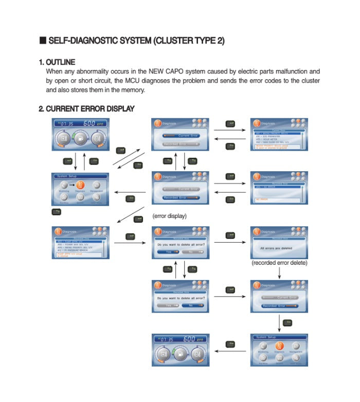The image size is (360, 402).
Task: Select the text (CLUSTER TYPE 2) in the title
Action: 189,41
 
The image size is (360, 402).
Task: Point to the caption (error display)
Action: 169,216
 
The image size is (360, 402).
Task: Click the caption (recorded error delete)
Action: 279,263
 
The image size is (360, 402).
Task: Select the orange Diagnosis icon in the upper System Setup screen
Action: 80,186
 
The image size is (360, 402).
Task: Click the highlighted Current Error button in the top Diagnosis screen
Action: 180,135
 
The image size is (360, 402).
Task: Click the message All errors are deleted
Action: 279,248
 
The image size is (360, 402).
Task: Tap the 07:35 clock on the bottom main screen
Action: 166,340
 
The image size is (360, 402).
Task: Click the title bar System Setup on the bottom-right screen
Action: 266,337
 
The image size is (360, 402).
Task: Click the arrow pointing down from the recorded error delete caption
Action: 279,273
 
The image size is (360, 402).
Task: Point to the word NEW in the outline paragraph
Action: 157,71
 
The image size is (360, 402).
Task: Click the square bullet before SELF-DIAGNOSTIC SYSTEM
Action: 43,41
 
